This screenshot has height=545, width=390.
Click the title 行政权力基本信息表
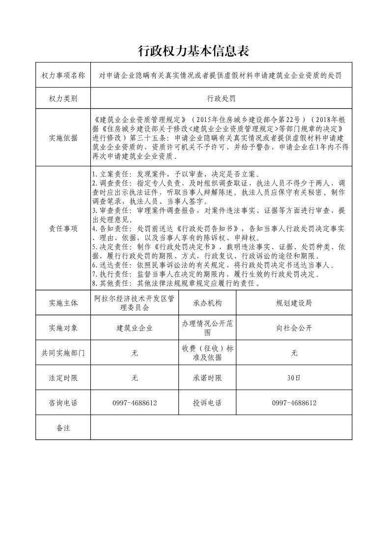195,50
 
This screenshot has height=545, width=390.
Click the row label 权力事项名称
63,75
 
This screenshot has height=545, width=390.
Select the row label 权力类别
63,98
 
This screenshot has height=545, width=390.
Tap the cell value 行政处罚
221,98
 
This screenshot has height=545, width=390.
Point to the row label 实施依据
63,138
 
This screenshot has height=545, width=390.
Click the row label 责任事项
63,228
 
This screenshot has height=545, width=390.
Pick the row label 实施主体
63,303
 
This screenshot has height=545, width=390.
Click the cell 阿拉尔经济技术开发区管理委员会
134,303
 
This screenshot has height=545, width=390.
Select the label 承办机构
207,303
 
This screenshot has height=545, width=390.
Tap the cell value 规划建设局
294,303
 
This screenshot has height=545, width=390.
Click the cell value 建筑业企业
134,328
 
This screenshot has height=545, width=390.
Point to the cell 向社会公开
294,328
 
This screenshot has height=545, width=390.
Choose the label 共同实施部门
63,353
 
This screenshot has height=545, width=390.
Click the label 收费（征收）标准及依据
207,353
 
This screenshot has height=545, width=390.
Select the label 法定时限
63,378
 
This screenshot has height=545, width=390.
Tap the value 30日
294,378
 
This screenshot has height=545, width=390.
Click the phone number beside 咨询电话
134,403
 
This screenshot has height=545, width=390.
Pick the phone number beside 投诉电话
294,403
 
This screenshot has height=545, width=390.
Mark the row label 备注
63,428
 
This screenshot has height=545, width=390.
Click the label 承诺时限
207,378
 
